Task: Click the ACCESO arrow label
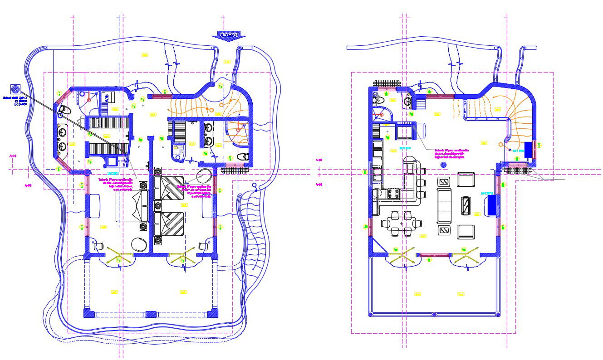tap(228, 35)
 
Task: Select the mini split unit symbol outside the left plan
tap(15, 89)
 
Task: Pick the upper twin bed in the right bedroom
tap(169, 189)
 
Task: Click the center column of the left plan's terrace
tap(151, 314)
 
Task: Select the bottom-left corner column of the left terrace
tap(88, 314)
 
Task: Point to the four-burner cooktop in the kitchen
tap(393, 195)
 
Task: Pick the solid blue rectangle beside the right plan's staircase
tap(528, 150)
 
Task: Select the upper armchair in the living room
tap(466, 180)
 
